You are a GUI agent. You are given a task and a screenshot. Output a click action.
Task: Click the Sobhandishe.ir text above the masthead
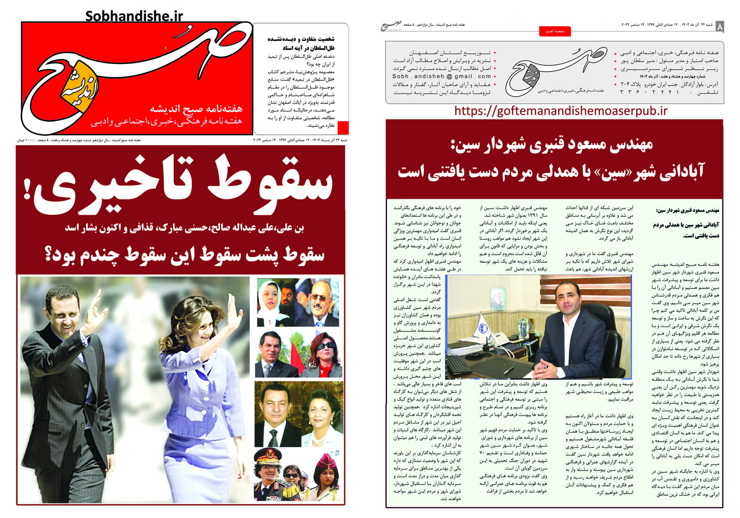pyautogui.click(x=134, y=16)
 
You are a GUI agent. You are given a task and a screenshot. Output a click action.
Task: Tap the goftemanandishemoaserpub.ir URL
pyautogui.click(x=561, y=111)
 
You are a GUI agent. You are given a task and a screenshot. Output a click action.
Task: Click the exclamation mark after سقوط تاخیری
pyautogui.click(x=26, y=189)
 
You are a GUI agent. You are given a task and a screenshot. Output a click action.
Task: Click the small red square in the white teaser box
pyautogui.click(x=343, y=128)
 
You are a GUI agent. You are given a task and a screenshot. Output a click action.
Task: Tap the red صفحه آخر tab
pyautogui.click(x=554, y=31)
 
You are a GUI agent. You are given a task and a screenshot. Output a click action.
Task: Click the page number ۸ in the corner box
pyautogui.click(x=719, y=27)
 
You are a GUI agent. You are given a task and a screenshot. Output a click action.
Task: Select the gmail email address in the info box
pyautogui.click(x=442, y=76)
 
